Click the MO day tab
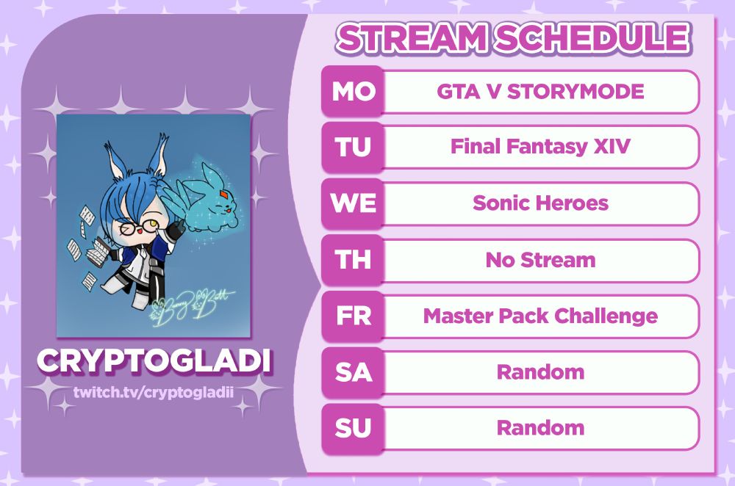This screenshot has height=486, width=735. (353, 91)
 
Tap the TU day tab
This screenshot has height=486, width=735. (353, 147)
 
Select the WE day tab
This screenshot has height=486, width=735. (353, 203)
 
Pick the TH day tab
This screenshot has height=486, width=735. (353, 260)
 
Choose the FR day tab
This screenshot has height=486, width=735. (353, 316)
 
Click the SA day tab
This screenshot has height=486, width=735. (353, 372)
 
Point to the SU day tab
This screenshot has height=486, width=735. (353, 428)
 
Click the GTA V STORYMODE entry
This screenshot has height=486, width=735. (540, 91)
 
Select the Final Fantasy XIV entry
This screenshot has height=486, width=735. (540, 147)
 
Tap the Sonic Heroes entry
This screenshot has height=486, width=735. (540, 203)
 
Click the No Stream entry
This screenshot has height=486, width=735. (540, 260)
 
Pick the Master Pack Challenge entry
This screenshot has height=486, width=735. (540, 316)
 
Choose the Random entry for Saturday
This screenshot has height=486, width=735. (540, 372)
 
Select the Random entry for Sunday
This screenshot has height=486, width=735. (540, 428)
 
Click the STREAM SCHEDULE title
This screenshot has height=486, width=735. (513, 37)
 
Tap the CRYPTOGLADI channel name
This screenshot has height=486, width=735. (154, 361)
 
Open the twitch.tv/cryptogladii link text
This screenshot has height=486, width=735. (154, 392)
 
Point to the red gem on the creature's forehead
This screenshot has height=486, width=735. (224, 194)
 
